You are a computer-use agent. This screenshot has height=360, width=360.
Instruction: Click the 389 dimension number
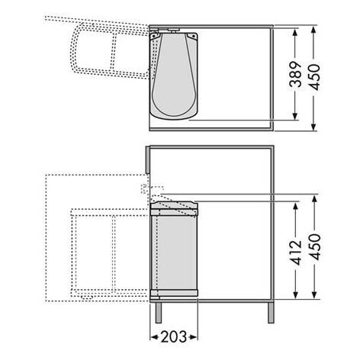pyautogui.click(x=296, y=74)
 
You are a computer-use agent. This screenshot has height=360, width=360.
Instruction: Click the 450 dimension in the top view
pyautogui.click(x=314, y=77)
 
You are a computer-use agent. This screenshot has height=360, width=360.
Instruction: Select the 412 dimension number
pyautogui.click(x=296, y=252)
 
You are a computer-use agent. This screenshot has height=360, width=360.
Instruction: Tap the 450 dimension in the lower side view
pyautogui.click(x=315, y=246)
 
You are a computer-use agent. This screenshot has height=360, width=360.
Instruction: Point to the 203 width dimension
pyautogui.click(x=174, y=337)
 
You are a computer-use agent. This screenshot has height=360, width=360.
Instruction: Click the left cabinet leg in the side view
pyautogui.click(x=159, y=313)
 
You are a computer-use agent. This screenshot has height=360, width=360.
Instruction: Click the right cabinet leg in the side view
pyautogui.click(x=271, y=313)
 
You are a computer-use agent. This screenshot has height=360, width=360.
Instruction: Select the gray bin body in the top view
pyautogui.click(x=174, y=76)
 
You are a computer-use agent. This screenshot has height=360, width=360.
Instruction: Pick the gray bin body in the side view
pyautogui.click(x=174, y=252)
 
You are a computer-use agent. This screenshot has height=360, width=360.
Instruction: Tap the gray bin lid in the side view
pyautogui.click(x=174, y=204)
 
